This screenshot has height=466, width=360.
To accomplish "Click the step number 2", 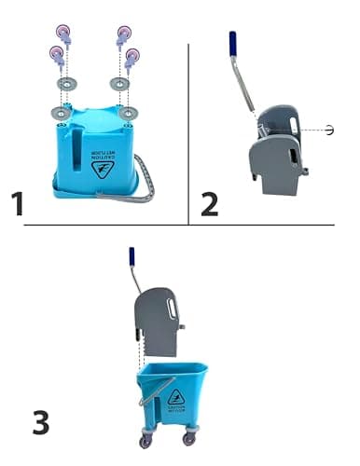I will [209, 202].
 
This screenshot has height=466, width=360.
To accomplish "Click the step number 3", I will [40, 422].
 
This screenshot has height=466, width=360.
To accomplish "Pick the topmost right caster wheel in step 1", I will [122, 34].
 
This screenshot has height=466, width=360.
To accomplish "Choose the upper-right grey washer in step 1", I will [118, 84].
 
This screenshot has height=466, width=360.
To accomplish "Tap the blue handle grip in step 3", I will [133, 257].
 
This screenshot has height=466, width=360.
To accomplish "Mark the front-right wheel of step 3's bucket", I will [189, 437].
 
